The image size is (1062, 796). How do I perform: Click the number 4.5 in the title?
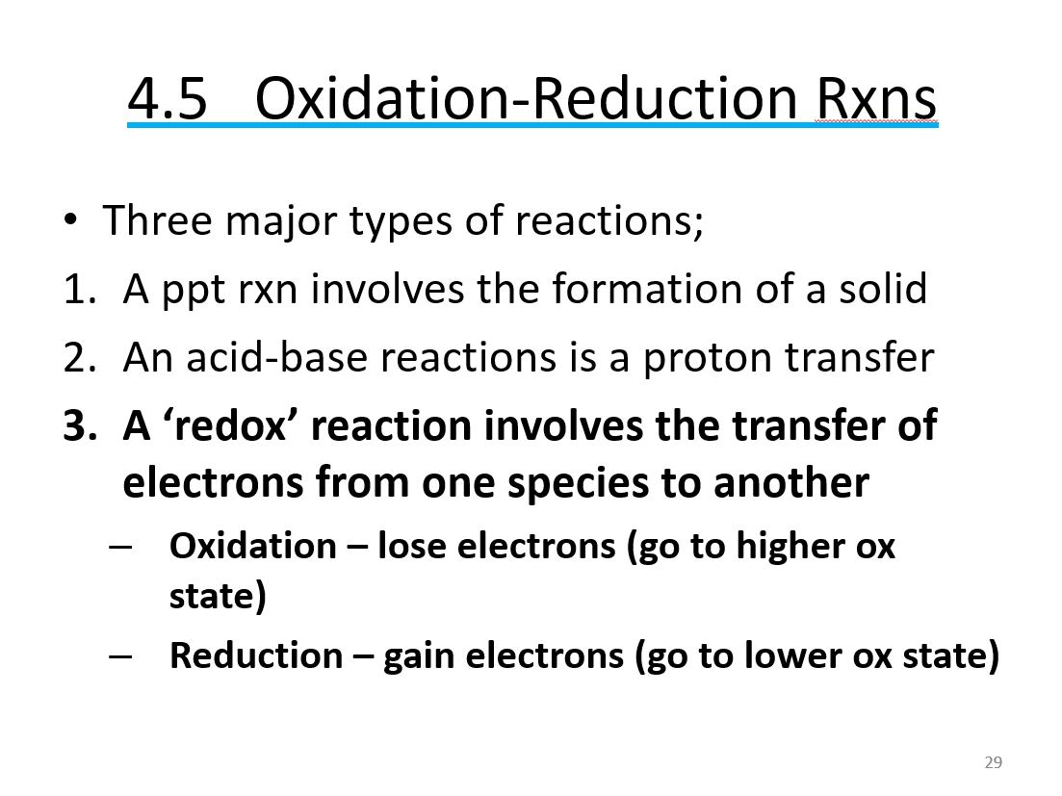(x=168, y=98)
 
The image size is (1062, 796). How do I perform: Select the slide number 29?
(x=994, y=762)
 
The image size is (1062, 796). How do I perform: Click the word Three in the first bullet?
(x=156, y=220)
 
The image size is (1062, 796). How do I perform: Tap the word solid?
(x=882, y=289)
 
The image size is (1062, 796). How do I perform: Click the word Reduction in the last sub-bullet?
(x=256, y=655)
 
